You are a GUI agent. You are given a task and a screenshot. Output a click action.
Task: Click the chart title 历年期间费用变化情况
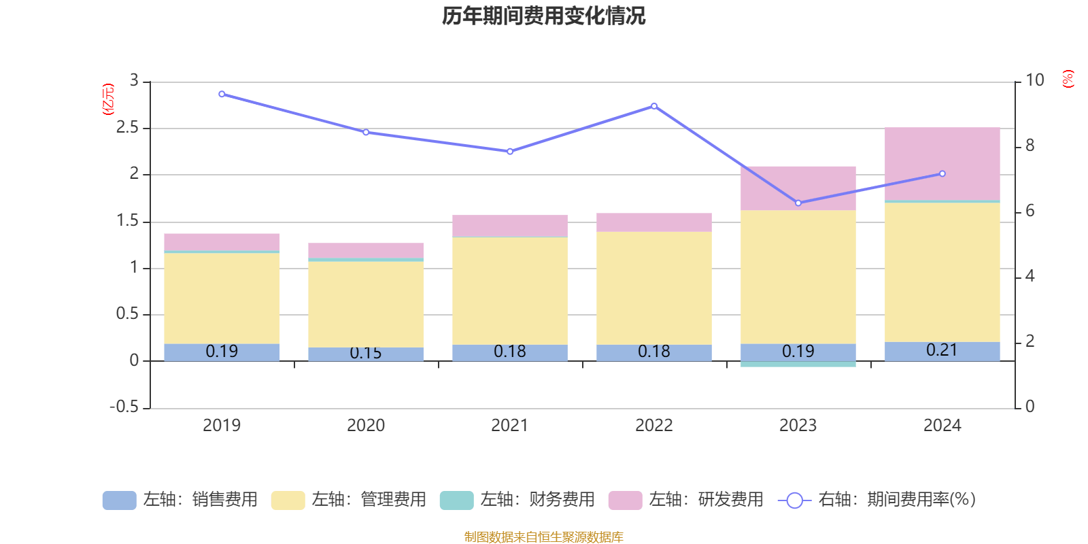click(x=543, y=16)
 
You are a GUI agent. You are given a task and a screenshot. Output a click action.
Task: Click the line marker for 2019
click(x=222, y=94)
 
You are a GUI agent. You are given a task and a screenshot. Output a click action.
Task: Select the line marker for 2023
click(x=798, y=203)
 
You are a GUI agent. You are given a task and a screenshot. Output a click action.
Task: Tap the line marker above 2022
click(x=654, y=106)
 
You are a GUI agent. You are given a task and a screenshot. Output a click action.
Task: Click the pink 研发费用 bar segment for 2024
click(x=942, y=163)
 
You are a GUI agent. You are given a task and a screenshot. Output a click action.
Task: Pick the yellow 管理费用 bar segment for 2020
click(x=366, y=304)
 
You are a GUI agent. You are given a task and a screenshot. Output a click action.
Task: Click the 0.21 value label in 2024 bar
click(x=942, y=350)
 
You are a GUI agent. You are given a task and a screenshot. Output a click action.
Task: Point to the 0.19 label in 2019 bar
click(x=222, y=352)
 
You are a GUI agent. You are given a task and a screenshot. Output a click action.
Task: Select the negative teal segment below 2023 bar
click(x=798, y=364)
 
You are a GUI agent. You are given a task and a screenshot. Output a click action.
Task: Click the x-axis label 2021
click(x=509, y=426)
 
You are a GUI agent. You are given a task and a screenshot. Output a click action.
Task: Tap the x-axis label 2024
click(x=942, y=426)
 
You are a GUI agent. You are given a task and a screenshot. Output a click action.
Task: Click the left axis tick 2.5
click(x=127, y=128)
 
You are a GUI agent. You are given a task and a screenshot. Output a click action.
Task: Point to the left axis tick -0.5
click(x=124, y=407)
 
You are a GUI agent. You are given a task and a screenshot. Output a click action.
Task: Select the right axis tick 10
click(x=1034, y=80)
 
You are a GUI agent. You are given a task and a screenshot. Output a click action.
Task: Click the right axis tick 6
click(x=1030, y=211)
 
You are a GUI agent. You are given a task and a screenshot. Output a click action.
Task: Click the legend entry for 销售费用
click(x=181, y=500)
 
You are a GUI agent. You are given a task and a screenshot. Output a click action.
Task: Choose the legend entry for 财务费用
click(x=518, y=500)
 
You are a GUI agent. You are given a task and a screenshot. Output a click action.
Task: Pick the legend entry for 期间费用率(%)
click(x=877, y=500)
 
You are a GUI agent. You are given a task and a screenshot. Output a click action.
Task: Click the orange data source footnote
click(x=543, y=537)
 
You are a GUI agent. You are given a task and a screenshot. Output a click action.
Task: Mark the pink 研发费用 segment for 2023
click(x=798, y=188)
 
